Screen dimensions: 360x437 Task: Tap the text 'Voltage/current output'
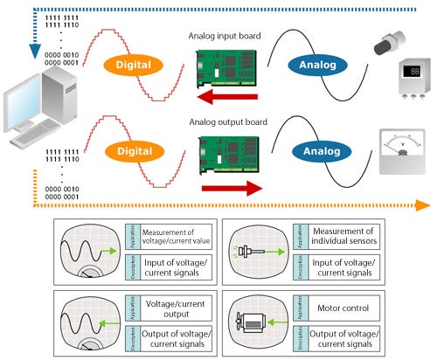(171, 308)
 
